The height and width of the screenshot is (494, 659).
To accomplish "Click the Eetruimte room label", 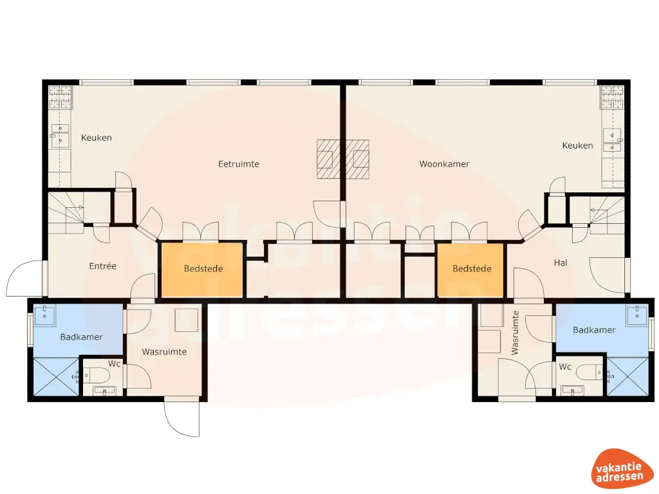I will coord(239,164).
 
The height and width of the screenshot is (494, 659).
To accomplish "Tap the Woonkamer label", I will coord(444,164).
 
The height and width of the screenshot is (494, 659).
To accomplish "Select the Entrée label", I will coord(102,266).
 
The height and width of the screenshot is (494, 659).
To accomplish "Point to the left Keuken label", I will coord(97,138).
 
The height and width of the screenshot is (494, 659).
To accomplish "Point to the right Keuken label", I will coord(577,145).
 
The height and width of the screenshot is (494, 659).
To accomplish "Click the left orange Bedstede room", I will coord(201,270).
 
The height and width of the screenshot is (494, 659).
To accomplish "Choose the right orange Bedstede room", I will coord(471,270).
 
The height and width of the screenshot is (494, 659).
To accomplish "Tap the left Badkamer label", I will coord(81,337).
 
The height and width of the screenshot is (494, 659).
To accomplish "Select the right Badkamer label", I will coord(593,330).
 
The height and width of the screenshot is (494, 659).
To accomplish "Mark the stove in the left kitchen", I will coord(60,97).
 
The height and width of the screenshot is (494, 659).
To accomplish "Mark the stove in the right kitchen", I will coord(612,97).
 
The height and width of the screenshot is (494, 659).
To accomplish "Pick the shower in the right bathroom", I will coord(628,377).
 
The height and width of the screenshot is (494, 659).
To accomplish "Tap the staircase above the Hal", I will coord(606,212).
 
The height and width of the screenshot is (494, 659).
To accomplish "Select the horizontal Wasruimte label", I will coord(164,352).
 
